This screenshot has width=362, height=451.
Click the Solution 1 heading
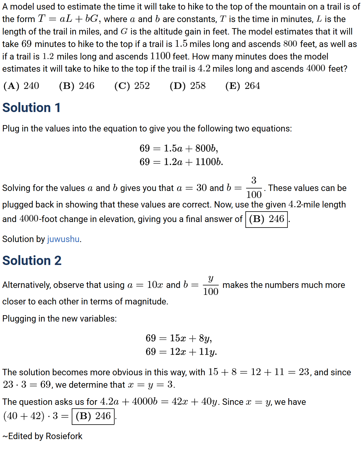31,108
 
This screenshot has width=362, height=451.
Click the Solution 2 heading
32,261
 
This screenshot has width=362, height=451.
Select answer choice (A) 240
21,86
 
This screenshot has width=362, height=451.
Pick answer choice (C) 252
132,86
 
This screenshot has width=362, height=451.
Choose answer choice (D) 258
188,86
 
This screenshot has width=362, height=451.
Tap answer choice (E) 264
243,86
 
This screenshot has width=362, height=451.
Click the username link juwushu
63,239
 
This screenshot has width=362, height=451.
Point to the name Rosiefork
64,436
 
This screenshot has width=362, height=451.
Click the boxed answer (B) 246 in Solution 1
267,219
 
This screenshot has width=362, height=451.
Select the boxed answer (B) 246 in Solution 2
93,416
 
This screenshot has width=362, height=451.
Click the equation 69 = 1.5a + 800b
178,149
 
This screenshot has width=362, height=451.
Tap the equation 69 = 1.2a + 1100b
181,162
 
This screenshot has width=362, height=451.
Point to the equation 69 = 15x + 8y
179,338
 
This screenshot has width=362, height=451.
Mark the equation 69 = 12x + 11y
181,352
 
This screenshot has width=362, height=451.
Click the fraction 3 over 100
254,188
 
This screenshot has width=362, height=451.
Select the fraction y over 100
211,285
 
